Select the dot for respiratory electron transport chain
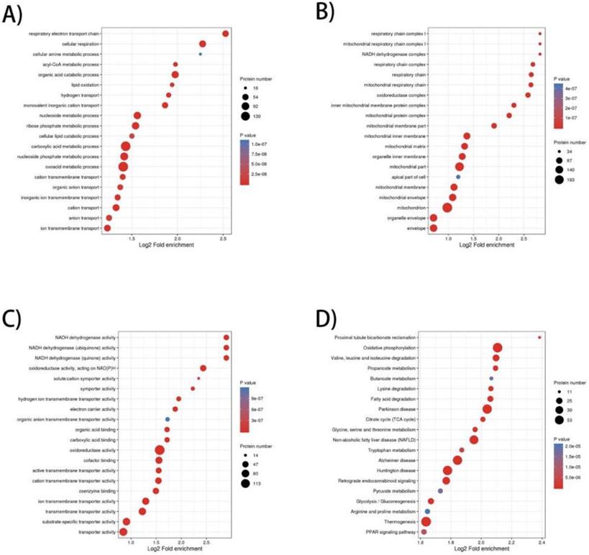click(x=225, y=34)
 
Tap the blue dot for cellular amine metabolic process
click(x=200, y=54)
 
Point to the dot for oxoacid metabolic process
click(x=123, y=167)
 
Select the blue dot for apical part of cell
click(x=458, y=176)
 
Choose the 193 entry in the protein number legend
click(x=558, y=180)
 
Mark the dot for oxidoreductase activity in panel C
click(x=159, y=450)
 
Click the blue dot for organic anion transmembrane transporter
click(x=167, y=419)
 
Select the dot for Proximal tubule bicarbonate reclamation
click(x=539, y=337)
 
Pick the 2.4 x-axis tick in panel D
click(x=541, y=543)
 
